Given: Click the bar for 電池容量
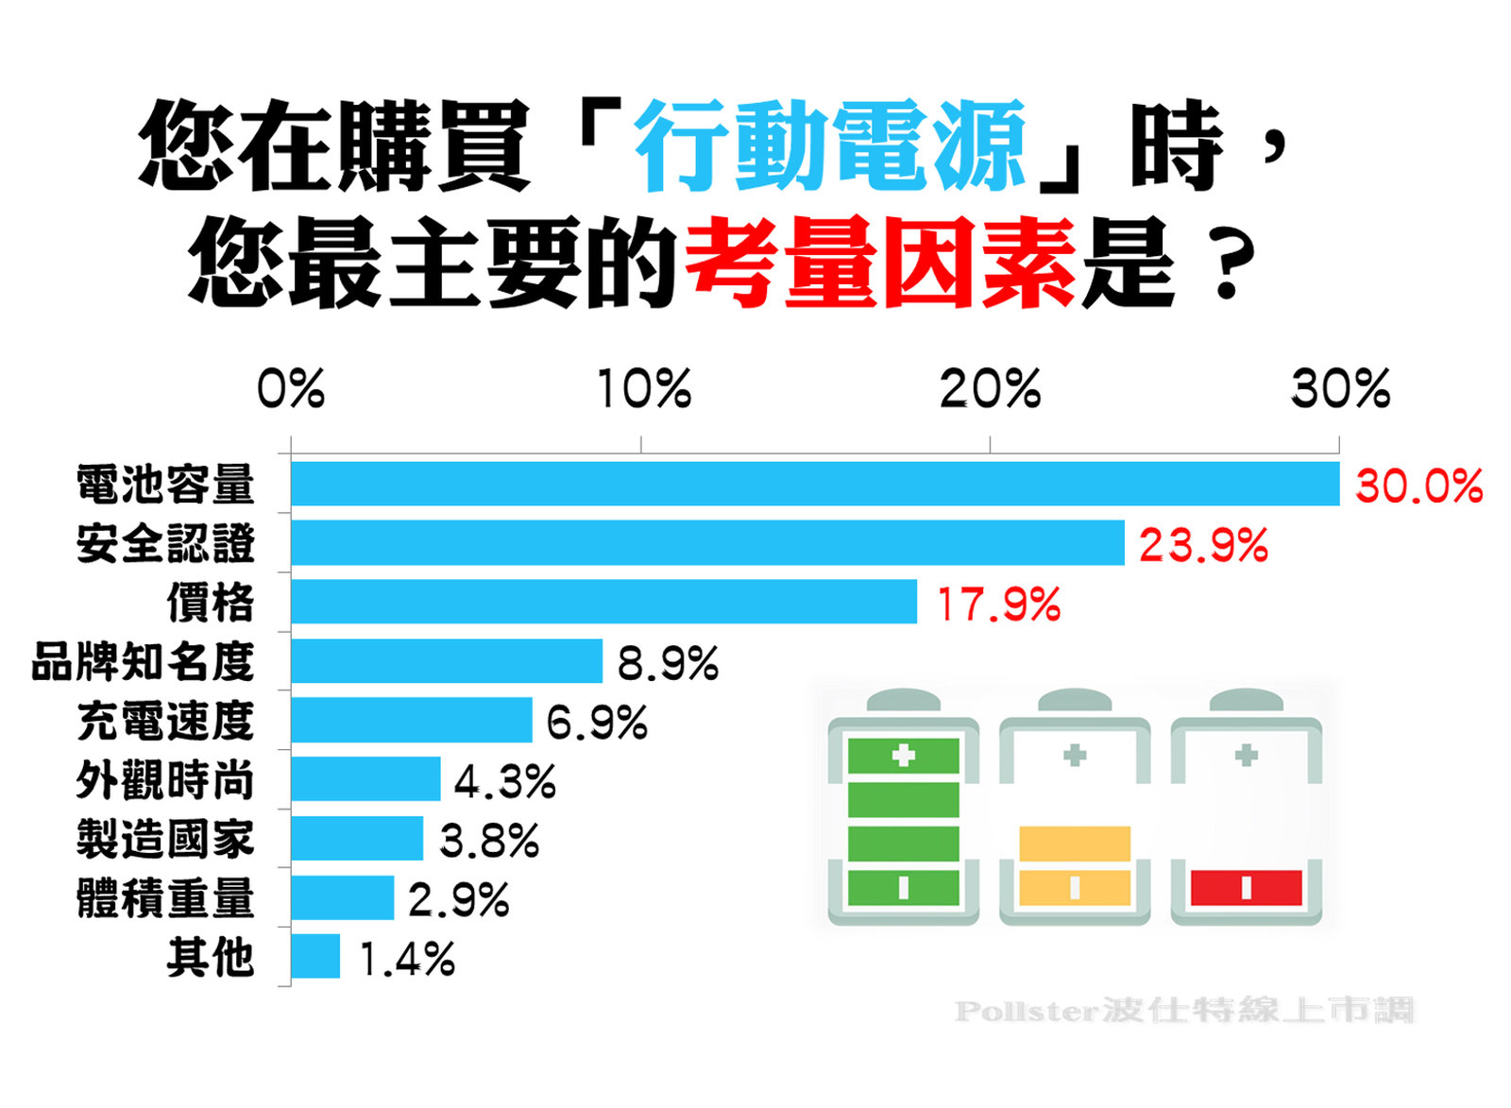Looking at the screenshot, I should pos(814,484).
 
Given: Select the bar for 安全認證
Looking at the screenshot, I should pos(707,543).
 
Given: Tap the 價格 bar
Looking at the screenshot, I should pos(603,602).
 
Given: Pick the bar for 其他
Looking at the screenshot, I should pos(315,957).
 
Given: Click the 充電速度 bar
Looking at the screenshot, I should pos(411,721).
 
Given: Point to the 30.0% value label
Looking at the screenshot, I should pos(1418,486).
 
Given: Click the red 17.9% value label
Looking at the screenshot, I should pos(998,605).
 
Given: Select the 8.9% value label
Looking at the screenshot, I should pos(668,663).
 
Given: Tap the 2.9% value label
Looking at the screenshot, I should pos(459,899).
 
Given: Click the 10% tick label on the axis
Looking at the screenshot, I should pos(644,388).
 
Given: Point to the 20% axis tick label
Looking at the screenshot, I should pos(990,388).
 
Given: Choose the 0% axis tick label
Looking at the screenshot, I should pos(291,388).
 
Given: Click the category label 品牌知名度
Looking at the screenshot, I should pos(143,661).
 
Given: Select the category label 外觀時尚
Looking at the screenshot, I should pos(165,780).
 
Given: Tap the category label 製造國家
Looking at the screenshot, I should pos(165,839).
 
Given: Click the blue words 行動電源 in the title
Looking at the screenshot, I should pos(830,146).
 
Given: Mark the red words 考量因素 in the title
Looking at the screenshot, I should pos(880,263).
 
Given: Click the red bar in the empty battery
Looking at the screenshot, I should pos(1246,888).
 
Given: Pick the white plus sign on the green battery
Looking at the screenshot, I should pos(904,755).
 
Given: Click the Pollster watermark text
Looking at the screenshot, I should pos(1183,1011).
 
